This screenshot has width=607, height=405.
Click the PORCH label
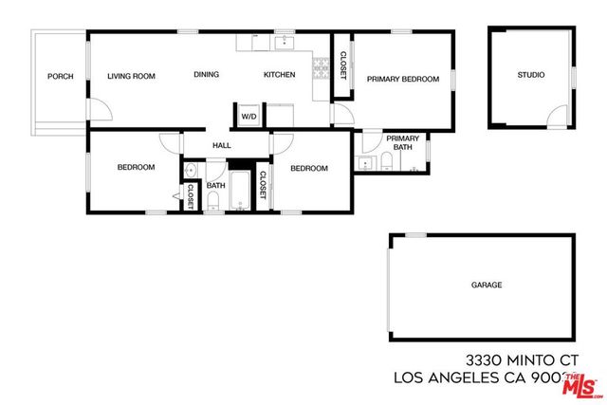tap(61, 77)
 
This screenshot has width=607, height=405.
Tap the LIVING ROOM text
tap(131, 76)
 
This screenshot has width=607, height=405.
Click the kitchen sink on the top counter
tap(284, 42)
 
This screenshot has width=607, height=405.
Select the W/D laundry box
tap(248, 117)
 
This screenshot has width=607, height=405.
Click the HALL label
tap(222, 145)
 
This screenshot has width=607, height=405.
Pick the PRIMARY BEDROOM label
tap(403, 80)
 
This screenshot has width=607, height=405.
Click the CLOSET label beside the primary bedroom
tap(342, 65)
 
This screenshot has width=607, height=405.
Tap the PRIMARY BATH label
tap(402, 143)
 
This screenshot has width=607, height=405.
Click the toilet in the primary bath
tap(414, 164)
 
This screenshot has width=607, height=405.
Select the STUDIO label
tap(531, 75)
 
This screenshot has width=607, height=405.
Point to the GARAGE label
tap(487, 285)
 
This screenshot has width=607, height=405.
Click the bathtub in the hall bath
tap(238, 190)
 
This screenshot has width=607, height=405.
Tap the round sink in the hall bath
tap(190, 172)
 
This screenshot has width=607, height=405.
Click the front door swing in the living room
tap(100, 112)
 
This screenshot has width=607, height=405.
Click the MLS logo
tap(581, 384)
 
